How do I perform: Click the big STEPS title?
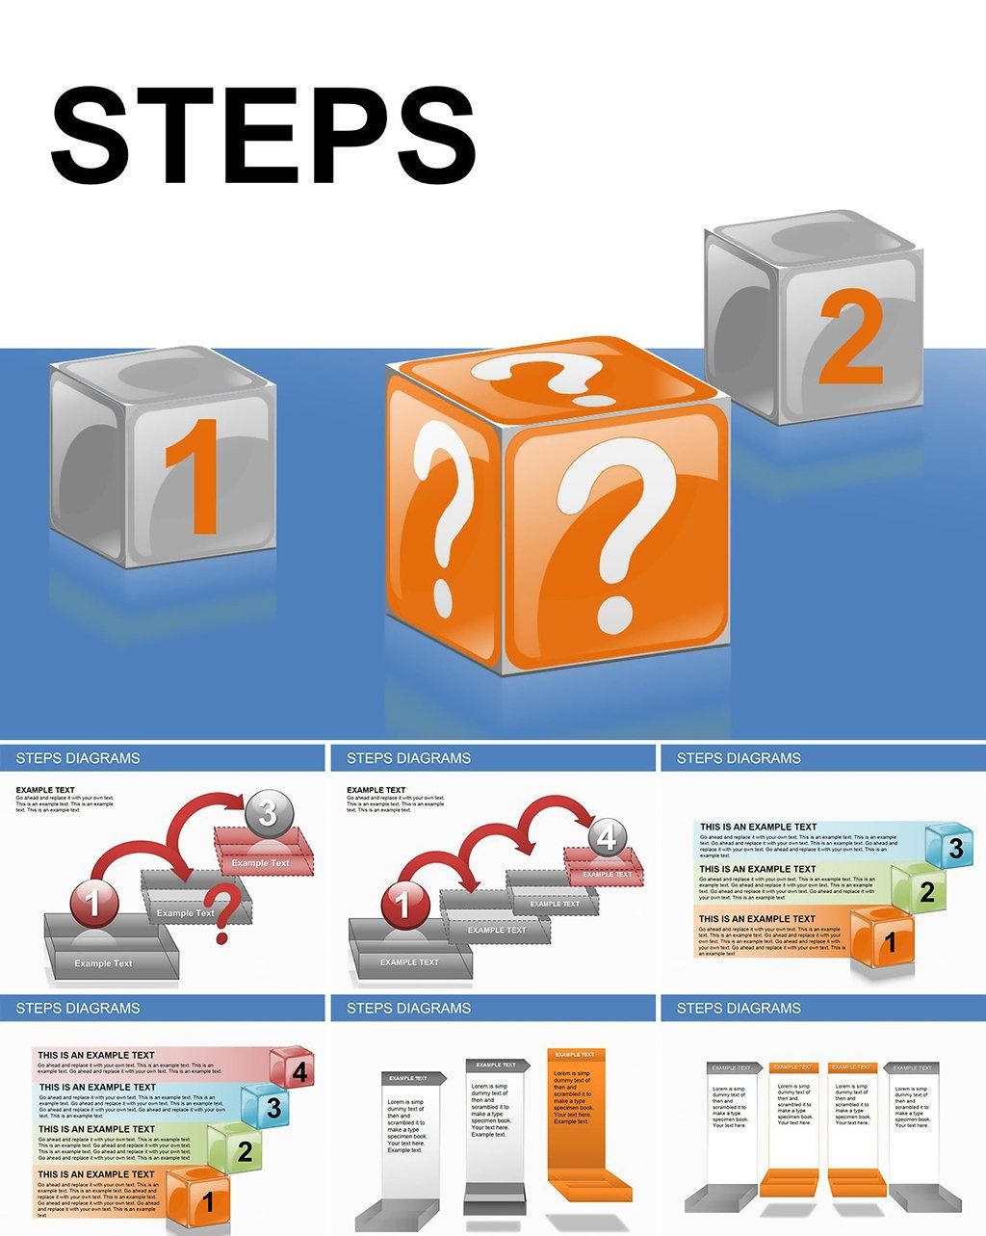pos(263,136)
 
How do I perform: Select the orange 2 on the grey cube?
pos(850,338)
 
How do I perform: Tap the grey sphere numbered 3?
pos(268,814)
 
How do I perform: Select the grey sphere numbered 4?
pos(606,837)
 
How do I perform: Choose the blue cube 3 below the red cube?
pos(265,1106)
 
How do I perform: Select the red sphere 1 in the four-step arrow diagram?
pos(402,904)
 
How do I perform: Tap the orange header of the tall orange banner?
pos(576,1055)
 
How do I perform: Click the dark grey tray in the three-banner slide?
pos(495,1202)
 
